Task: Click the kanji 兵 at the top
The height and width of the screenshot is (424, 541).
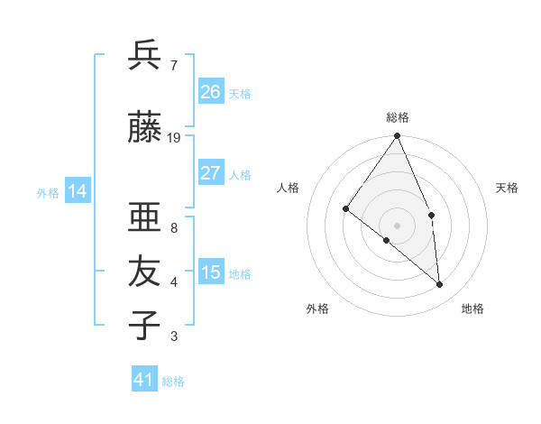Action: pyautogui.click(x=144, y=55)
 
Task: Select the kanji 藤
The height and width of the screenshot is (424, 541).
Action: pyautogui.click(x=144, y=127)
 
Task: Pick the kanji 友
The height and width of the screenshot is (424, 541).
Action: pyautogui.click(x=144, y=272)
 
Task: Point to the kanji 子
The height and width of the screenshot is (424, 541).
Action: pyautogui.click(x=144, y=326)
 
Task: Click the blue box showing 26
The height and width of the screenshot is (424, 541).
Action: pyautogui.click(x=211, y=92)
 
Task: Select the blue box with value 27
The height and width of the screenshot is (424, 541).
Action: pyautogui.click(x=211, y=173)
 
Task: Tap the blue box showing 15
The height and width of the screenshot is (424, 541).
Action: pyautogui.click(x=211, y=272)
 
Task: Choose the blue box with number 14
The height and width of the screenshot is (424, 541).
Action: pyautogui.click(x=78, y=191)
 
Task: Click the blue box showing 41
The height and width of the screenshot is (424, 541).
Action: pyautogui.click(x=144, y=380)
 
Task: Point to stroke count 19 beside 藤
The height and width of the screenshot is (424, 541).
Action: pyautogui.click(x=174, y=137)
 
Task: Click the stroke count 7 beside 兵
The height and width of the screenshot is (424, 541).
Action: pyautogui.click(x=174, y=65)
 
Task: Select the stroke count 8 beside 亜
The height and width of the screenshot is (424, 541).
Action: pyautogui.click(x=174, y=228)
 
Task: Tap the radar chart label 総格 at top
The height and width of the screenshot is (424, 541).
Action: pyautogui.click(x=398, y=117)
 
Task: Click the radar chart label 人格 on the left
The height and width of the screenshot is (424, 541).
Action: pyautogui.click(x=289, y=188)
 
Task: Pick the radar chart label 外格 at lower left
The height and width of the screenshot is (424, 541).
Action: pyautogui.click(x=317, y=309)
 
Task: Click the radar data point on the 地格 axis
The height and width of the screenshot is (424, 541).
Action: pyautogui.click(x=440, y=284)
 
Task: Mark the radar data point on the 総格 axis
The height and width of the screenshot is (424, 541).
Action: pyautogui.click(x=398, y=136)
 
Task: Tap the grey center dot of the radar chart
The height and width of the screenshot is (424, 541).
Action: pyautogui.click(x=398, y=225)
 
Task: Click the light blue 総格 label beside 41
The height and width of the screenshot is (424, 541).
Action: pyautogui.click(x=173, y=382)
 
